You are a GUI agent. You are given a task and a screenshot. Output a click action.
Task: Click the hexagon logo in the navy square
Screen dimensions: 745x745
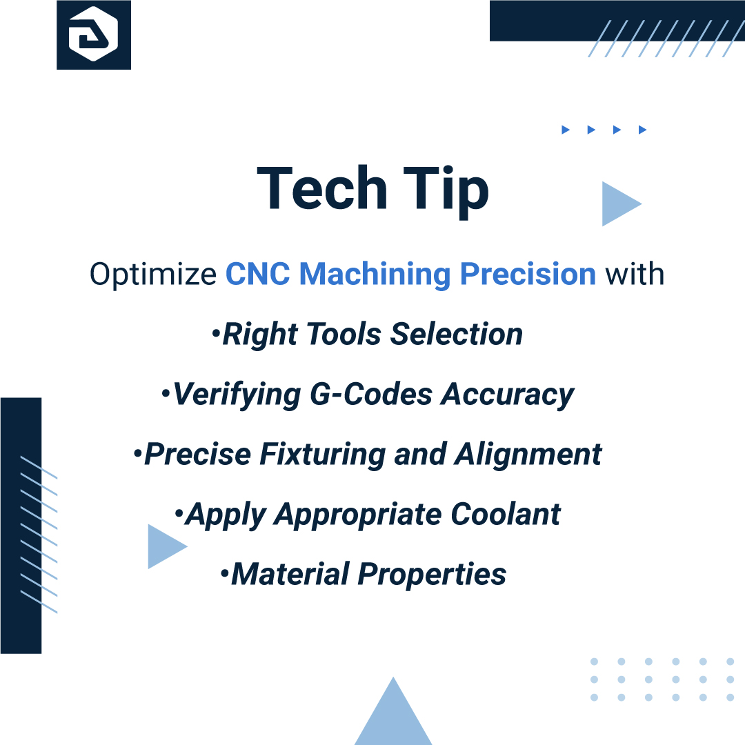point(94,34)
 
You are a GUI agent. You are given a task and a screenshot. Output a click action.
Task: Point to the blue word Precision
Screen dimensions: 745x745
point(528,275)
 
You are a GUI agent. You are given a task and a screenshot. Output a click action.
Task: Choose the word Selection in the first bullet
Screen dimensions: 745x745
point(456,335)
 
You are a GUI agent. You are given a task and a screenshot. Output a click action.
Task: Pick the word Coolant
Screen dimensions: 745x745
point(506,515)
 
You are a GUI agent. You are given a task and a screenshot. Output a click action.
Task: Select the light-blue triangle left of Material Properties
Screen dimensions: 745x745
point(163,546)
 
